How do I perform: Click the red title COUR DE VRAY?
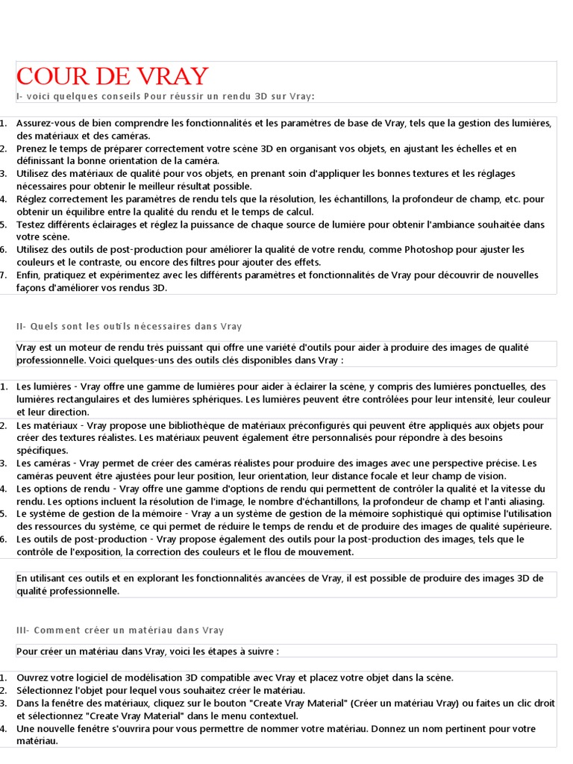pos(112,76)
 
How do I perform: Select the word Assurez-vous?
pos(43,123)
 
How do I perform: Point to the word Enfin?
pos(28,275)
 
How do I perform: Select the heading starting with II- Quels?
pos(129,326)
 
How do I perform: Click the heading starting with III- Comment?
pos(120,630)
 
